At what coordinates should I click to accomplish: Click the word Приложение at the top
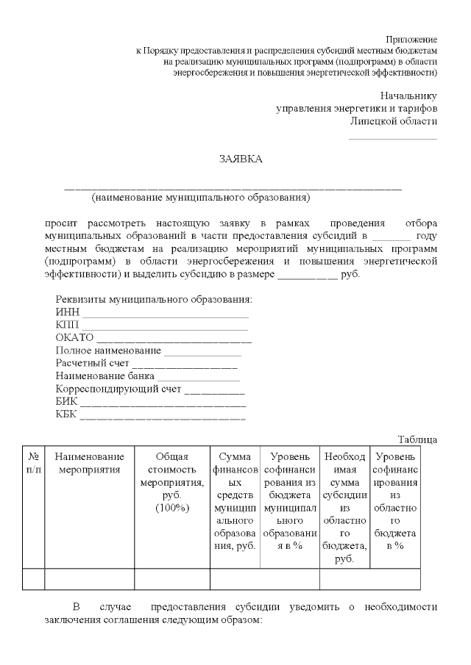click(x=411, y=38)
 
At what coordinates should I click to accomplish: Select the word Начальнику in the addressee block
click(x=408, y=96)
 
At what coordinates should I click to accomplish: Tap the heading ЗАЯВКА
click(x=241, y=159)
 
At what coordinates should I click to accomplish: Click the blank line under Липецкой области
click(x=392, y=137)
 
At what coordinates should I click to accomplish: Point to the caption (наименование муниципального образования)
click(x=201, y=198)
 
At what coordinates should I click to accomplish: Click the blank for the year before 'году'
click(x=391, y=237)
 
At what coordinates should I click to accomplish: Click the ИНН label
click(x=67, y=312)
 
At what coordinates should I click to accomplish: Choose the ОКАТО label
click(x=74, y=337)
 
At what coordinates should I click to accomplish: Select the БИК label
click(x=66, y=401)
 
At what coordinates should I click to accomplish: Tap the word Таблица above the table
click(x=417, y=439)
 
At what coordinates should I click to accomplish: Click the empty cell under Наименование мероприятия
click(x=88, y=579)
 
